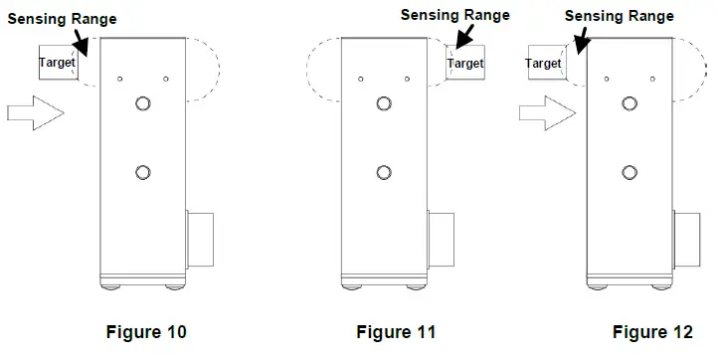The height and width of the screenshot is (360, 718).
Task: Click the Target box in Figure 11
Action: point(464,63)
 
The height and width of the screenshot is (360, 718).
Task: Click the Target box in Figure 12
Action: point(543,64)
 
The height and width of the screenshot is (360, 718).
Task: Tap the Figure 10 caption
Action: point(146,331)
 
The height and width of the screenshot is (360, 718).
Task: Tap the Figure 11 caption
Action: point(396,331)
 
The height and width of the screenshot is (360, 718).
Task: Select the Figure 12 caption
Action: point(651,331)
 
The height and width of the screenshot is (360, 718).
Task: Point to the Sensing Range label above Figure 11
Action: point(454,14)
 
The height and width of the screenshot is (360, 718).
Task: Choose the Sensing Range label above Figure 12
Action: point(619,15)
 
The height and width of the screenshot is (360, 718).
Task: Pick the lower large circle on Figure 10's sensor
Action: point(143,172)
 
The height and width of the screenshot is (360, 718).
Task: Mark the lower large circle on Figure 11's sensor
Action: point(384,172)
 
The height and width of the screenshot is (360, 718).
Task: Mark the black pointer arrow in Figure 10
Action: point(82,43)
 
